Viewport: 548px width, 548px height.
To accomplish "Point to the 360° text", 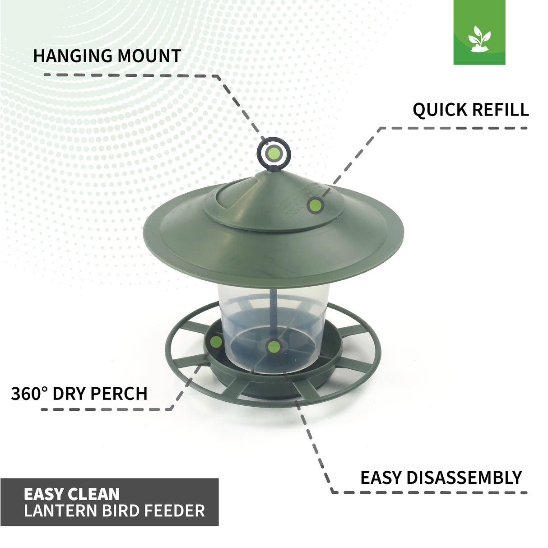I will pos(29,394).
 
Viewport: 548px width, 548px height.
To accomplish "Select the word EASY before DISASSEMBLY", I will pos(381,478).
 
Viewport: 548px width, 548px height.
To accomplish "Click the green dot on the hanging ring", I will pos(273,153).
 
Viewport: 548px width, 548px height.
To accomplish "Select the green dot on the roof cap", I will pos(316,205).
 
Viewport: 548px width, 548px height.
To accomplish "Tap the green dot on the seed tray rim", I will pos(216,342).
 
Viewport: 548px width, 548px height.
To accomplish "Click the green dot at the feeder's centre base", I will pos(274,347).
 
